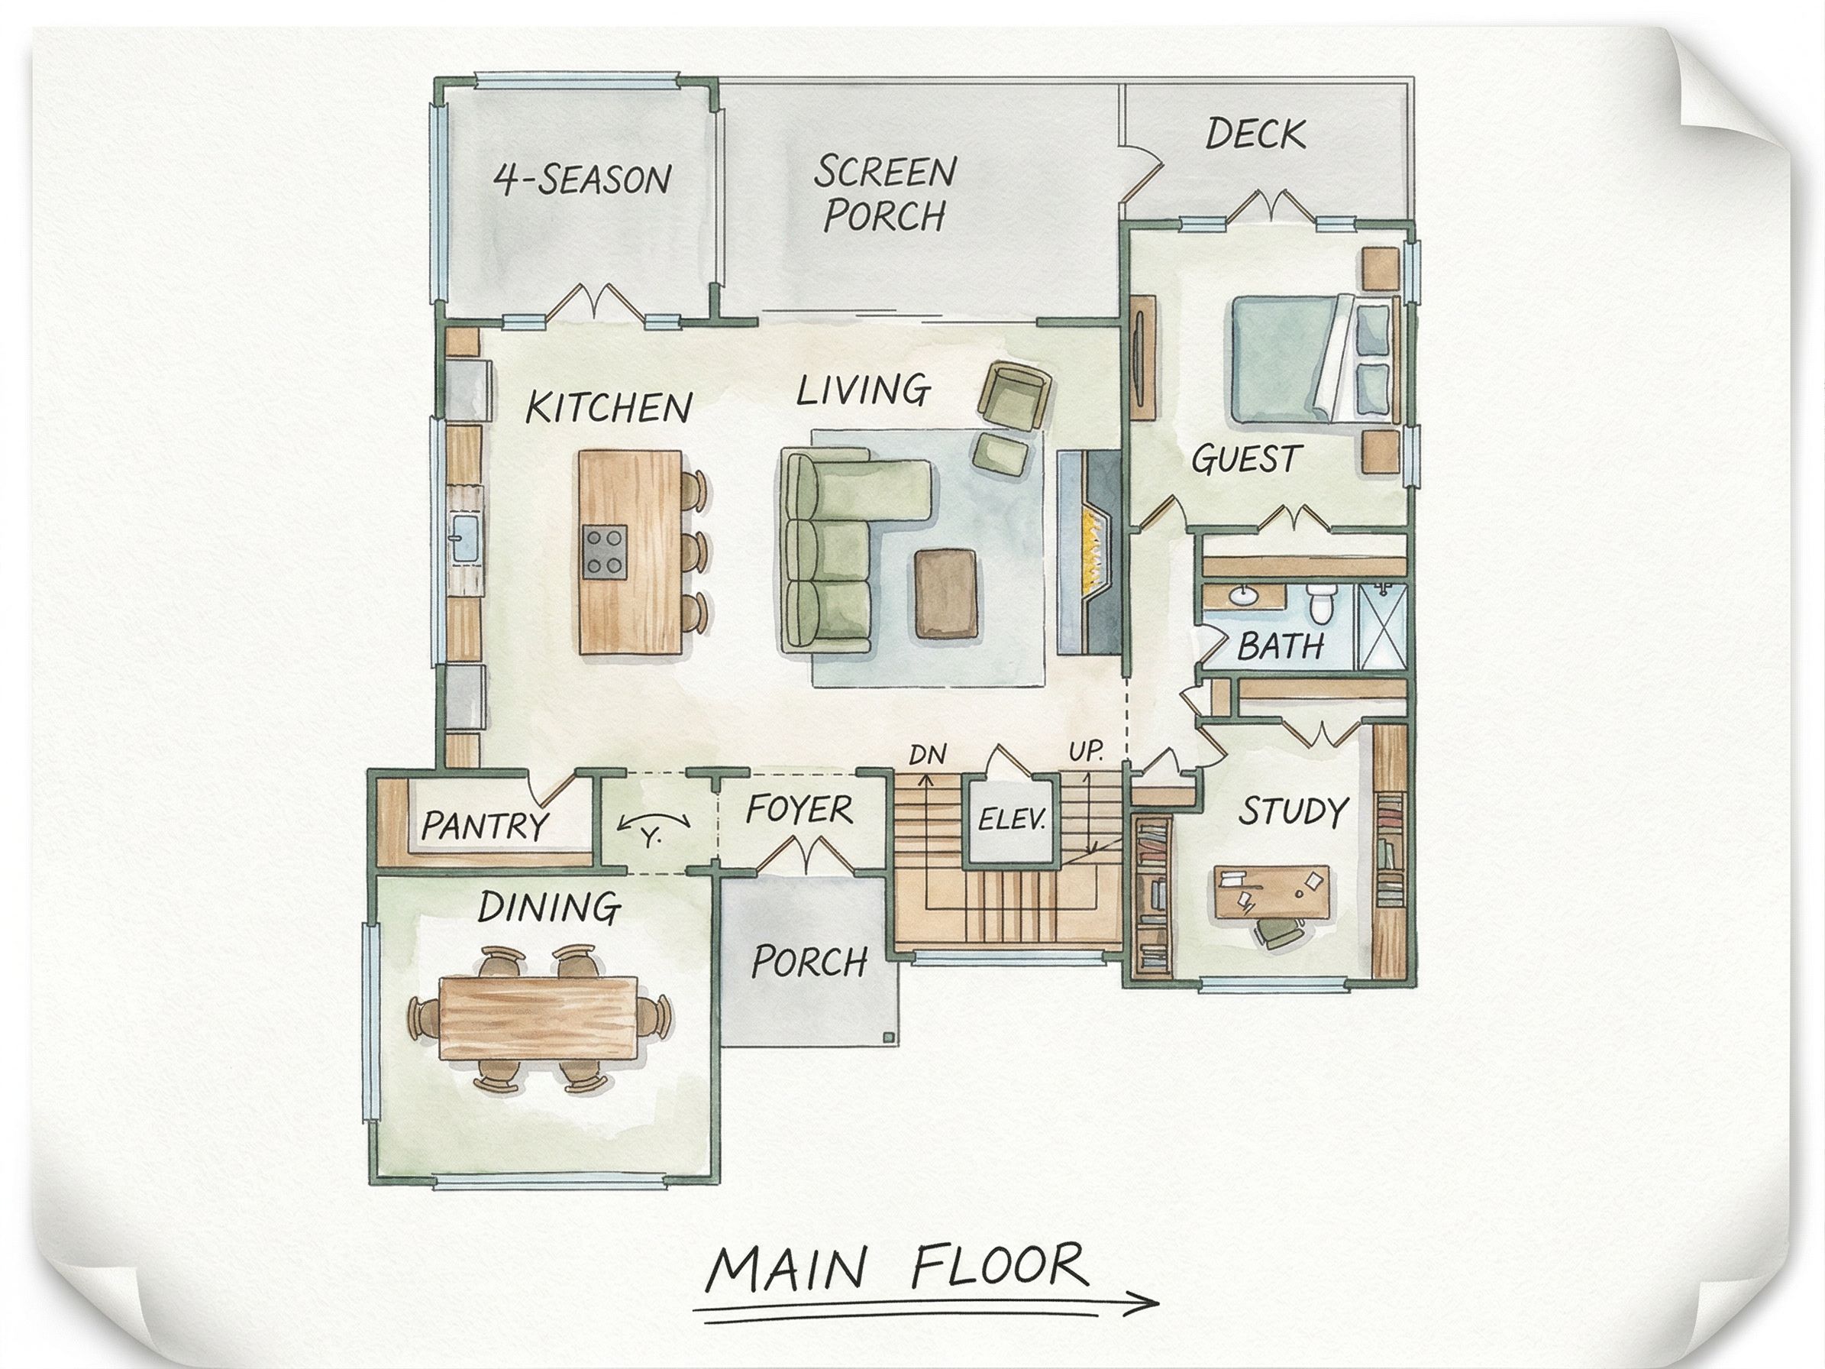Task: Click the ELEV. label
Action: [1012, 820]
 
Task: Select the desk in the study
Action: [1271, 892]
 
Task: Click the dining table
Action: [541, 1018]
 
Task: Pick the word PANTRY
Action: [484, 824]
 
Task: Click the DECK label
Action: [1255, 134]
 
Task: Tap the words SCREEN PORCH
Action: [884, 194]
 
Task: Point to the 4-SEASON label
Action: [583, 179]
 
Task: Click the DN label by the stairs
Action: [927, 754]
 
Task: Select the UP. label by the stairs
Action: [1086, 752]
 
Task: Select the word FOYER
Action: [799, 810]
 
